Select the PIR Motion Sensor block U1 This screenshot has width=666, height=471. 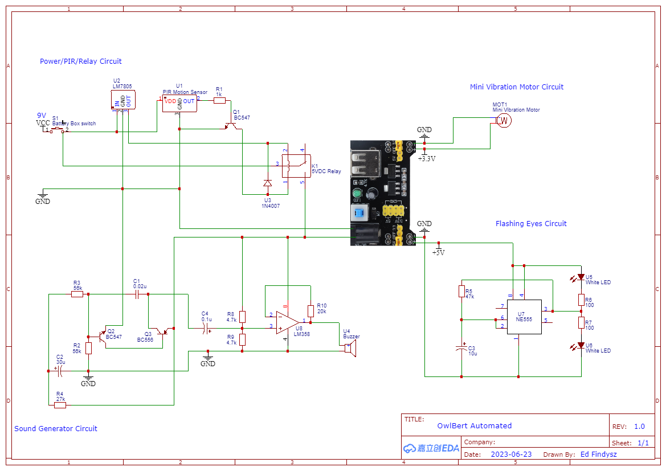pos(179,103)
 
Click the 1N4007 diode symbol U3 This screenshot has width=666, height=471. pos(267,183)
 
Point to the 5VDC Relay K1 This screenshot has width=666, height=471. pos(296,166)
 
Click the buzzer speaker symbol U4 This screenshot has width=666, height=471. pos(349,350)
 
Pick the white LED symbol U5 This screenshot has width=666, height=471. pos(581,277)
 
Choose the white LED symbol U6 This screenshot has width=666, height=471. pos(581,346)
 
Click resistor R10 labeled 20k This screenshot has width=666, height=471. pos(310,311)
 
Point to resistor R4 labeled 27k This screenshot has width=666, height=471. pos(60,405)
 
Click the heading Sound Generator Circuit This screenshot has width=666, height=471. pos(56,429)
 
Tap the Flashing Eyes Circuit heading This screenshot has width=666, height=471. pos(531,224)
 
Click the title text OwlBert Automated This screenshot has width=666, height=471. pos(475,425)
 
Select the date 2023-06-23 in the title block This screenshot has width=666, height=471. pos(510,454)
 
